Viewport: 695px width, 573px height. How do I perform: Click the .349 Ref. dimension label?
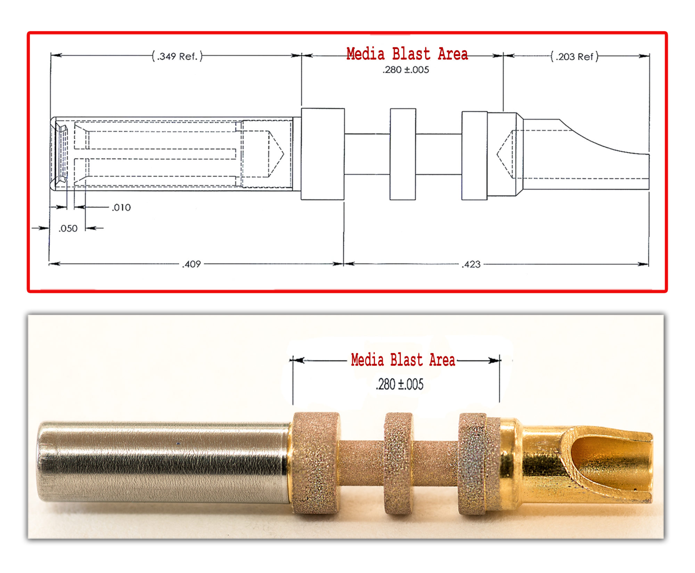click(177, 56)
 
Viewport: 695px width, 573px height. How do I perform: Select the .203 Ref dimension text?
click(574, 56)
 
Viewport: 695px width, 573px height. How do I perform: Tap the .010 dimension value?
click(121, 208)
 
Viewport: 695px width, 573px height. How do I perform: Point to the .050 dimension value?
click(68, 229)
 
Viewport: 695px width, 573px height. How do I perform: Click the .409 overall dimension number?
click(191, 264)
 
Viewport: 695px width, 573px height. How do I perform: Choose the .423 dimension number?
click(471, 264)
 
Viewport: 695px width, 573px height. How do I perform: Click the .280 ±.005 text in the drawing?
click(406, 70)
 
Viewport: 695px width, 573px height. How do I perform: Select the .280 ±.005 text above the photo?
click(400, 384)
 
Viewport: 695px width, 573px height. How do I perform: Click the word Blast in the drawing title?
click(411, 54)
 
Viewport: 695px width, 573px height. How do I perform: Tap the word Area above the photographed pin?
click(442, 360)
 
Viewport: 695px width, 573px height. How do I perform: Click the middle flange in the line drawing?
click(403, 154)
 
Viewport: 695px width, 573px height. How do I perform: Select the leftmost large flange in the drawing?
click(322, 154)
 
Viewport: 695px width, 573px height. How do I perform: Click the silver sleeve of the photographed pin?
click(163, 463)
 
